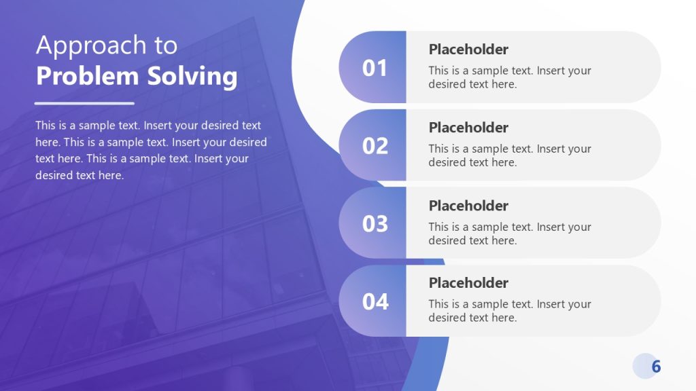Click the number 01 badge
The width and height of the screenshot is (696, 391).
click(375, 68)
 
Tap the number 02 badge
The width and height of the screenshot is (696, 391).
click(375, 146)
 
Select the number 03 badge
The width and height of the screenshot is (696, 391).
click(375, 224)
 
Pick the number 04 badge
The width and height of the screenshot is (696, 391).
click(375, 301)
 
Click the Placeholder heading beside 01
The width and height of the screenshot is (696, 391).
click(468, 50)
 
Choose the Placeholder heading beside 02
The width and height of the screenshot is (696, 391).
click(468, 128)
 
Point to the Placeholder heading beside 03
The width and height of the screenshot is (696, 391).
click(468, 206)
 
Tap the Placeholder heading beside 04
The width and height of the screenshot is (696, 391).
click(468, 283)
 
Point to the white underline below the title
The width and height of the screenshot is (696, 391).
click(84, 104)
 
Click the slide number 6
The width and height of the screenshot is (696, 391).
click(656, 367)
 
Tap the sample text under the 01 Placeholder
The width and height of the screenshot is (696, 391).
click(510, 77)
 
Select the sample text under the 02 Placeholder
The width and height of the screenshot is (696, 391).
click(510, 155)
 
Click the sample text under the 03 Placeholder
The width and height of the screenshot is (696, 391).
click(510, 234)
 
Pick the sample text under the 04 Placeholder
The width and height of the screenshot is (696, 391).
click(510, 311)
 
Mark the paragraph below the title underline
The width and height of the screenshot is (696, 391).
click(151, 150)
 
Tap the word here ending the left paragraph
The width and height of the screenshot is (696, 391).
click(109, 175)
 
